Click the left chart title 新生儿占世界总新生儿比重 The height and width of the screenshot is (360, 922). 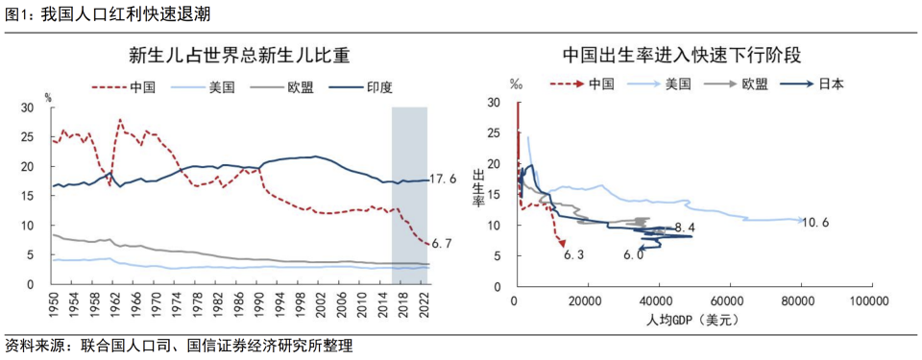[239, 55]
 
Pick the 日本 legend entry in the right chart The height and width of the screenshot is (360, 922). [832, 84]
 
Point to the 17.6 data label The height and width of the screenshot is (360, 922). [443, 180]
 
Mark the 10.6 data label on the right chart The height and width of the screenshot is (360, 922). [815, 223]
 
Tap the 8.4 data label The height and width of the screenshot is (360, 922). [685, 228]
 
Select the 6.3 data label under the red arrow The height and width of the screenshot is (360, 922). [574, 255]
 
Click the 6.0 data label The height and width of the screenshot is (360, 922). [633, 255]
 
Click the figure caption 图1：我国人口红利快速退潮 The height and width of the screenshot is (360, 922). [107, 13]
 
